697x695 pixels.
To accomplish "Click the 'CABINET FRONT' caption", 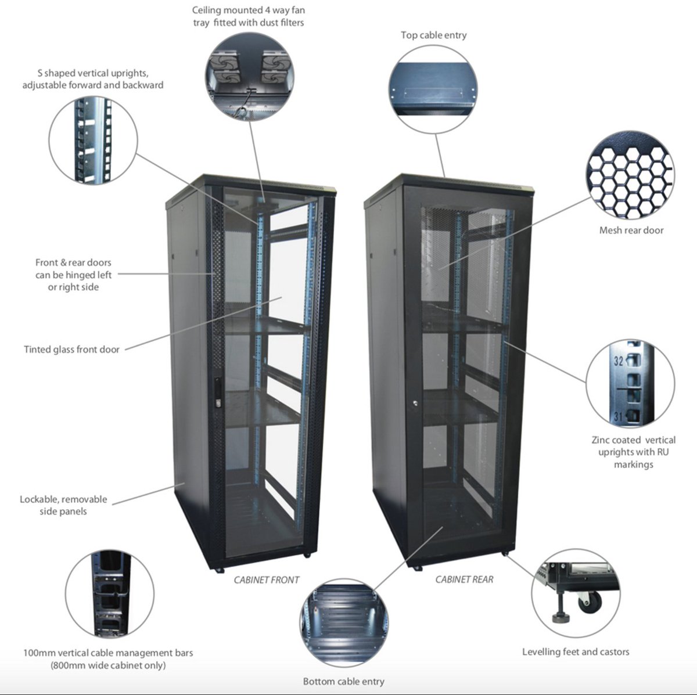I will click(267, 579).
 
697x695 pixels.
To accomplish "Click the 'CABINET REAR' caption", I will click(464, 579).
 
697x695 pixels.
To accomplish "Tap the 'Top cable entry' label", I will click(433, 35).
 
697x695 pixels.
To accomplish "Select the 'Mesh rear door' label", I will click(631, 231).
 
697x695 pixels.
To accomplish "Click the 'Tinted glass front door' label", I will click(71, 350).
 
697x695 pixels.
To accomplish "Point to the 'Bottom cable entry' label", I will click(343, 681).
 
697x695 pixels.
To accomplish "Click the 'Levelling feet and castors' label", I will click(575, 651).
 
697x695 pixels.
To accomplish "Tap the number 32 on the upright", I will click(619, 361).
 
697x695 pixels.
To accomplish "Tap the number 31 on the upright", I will click(619, 416).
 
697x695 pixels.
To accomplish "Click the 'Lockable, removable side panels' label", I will click(63, 505).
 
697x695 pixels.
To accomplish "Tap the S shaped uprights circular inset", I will click(93, 141).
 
